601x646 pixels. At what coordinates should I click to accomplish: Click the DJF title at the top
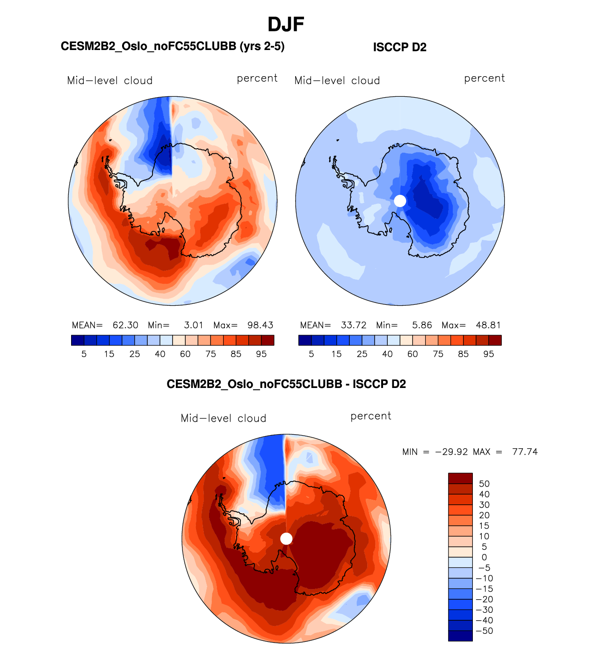286,25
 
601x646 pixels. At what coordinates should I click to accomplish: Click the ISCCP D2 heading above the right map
399,47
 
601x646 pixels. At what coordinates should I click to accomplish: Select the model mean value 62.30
125,325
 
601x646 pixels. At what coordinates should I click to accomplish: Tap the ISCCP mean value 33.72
354,325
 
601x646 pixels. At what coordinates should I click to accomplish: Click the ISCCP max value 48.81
488,325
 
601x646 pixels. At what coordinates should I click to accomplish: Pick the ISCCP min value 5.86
422,325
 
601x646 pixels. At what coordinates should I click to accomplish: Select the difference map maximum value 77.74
525,452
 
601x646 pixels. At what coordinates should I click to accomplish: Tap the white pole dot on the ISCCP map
400,201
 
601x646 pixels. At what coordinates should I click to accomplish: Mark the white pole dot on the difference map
286,538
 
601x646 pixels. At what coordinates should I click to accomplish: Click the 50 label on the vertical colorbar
484,484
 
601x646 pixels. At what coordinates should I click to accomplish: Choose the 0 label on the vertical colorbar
484,558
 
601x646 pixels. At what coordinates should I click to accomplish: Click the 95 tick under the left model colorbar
261,354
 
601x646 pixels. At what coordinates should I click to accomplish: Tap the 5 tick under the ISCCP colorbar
311,354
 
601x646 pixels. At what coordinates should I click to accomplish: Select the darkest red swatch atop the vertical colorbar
460,478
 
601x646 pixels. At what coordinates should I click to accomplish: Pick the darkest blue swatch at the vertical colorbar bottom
460,636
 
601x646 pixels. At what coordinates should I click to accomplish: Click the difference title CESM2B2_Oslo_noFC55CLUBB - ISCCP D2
286,384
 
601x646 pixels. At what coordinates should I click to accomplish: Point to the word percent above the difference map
371,416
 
